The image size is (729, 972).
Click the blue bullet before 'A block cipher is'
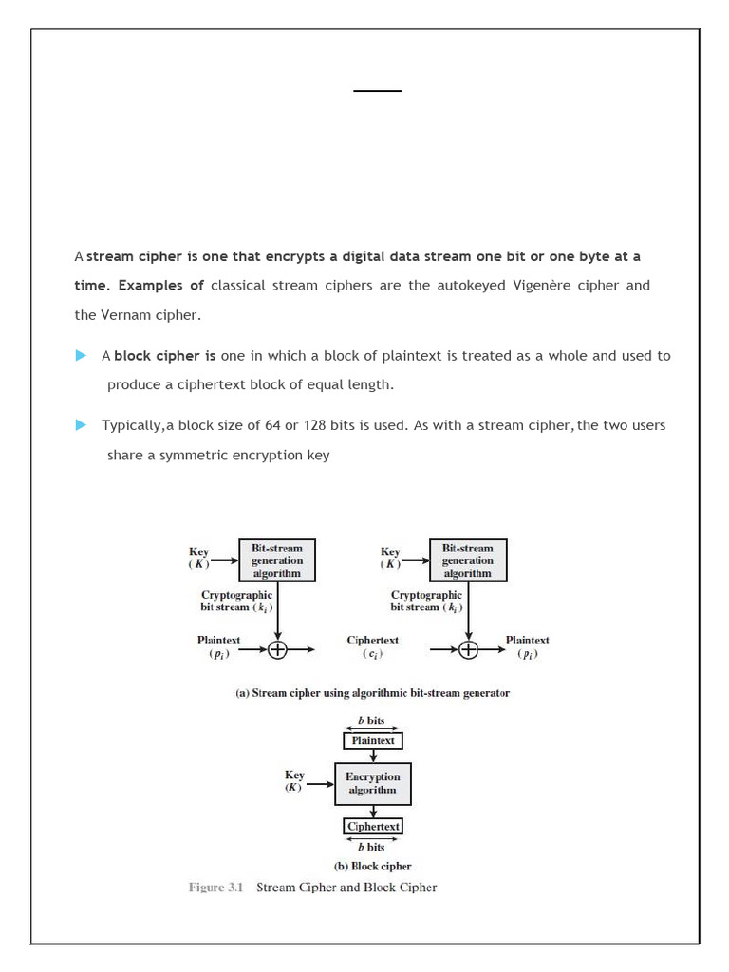click(81, 356)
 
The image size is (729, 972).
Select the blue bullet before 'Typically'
click(81, 425)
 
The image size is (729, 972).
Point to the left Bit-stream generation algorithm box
click(276, 560)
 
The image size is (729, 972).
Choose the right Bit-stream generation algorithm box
click(468, 560)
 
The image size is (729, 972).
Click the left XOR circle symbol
click(277, 650)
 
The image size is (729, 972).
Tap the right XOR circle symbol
click(469, 650)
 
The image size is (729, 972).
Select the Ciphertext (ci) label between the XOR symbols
click(372, 646)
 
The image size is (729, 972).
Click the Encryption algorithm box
click(372, 783)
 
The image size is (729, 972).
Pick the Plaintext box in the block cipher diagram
click(373, 740)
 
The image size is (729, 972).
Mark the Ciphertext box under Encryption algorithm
click(373, 826)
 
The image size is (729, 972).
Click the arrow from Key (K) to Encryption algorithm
click(321, 783)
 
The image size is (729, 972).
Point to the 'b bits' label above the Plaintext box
click(371, 721)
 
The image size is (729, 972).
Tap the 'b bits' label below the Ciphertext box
click(371, 847)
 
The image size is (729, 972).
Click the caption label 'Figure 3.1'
click(215, 888)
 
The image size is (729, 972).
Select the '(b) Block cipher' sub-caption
click(372, 866)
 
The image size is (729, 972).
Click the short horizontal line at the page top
click(378, 91)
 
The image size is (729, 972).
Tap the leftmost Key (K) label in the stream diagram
click(199, 557)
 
